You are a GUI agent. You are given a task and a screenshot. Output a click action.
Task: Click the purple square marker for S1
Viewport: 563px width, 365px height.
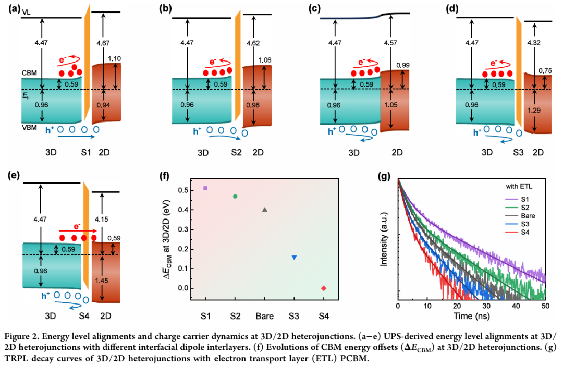pos(205,188)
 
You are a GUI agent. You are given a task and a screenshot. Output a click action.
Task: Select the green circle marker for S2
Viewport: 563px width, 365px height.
pos(235,196)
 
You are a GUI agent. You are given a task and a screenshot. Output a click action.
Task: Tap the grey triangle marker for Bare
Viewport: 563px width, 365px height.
pos(265,210)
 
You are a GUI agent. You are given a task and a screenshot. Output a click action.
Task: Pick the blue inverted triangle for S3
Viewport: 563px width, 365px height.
pos(295,258)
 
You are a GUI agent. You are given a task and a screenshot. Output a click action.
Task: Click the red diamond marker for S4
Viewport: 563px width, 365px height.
pos(324,288)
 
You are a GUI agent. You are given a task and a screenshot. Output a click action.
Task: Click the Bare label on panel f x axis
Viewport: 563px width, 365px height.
pos(265,316)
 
